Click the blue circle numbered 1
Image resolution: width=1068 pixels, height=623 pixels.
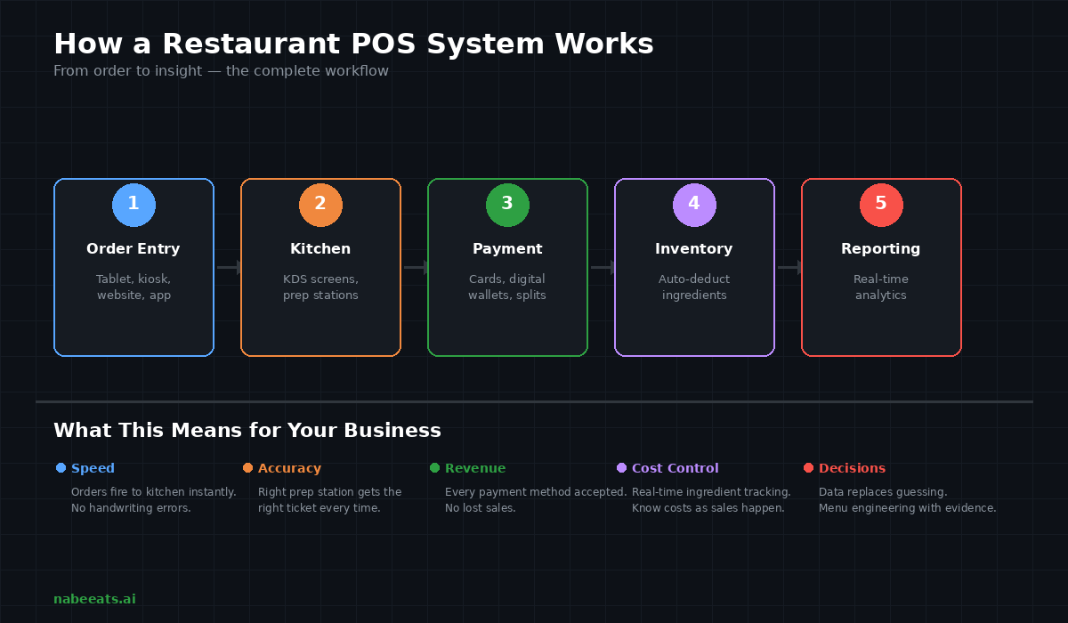tap(133, 205)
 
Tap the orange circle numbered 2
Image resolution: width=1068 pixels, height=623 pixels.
tap(320, 205)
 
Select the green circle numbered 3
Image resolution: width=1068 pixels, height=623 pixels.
tap(507, 205)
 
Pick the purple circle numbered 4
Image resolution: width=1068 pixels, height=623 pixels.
tap(694, 205)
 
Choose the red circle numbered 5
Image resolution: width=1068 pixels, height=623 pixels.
tap(881, 205)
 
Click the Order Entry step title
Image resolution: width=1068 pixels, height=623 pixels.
tap(133, 249)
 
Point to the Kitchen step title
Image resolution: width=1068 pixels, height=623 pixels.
tap(320, 249)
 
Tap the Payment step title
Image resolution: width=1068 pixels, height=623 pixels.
tap(507, 249)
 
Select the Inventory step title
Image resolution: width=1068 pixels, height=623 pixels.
tap(694, 249)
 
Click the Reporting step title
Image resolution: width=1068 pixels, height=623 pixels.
tap(881, 249)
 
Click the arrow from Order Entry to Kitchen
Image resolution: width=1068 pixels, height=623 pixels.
tap(229, 267)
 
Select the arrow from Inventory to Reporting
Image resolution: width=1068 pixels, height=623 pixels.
tap(789, 267)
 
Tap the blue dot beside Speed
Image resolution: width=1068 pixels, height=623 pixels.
tap(61, 468)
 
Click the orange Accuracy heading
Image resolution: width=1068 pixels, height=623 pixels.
tap(289, 468)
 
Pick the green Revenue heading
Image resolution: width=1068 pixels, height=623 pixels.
tap(475, 468)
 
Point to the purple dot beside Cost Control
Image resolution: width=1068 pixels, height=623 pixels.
tap(621, 468)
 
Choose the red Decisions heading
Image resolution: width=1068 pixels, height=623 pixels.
tap(852, 468)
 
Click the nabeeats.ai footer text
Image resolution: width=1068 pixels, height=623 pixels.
tap(94, 599)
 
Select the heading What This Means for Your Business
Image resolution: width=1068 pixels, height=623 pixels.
tap(247, 431)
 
